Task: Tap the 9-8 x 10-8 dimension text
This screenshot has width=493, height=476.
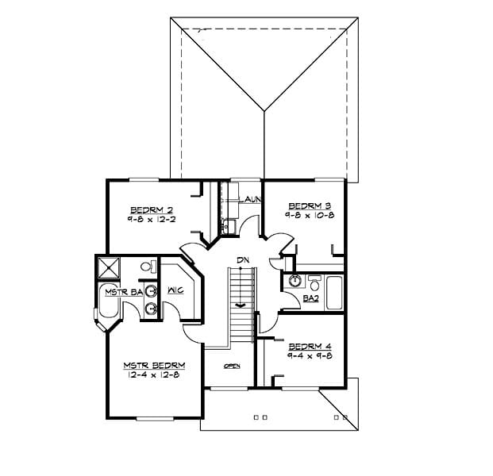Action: (x=310, y=213)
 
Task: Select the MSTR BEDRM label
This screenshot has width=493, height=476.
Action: (x=154, y=366)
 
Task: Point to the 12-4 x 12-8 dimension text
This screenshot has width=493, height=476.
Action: (x=154, y=375)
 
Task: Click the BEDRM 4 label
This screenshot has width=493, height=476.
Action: (x=310, y=346)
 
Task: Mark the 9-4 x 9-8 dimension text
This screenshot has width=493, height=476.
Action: (x=310, y=355)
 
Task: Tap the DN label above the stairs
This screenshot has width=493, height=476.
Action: (x=241, y=260)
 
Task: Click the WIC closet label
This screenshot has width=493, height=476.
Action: (x=175, y=290)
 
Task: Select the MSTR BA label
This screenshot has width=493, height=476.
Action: (x=123, y=293)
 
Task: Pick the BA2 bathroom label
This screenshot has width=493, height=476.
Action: (x=311, y=298)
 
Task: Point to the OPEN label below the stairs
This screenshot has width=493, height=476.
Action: (x=232, y=366)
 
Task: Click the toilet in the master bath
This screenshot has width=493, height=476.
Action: (x=148, y=267)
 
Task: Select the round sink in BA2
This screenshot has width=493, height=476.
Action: (x=295, y=280)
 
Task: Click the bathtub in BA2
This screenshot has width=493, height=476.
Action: (x=333, y=293)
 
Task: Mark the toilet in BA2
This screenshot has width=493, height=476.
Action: (x=314, y=282)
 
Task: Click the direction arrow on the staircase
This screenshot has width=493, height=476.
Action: (x=241, y=304)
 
